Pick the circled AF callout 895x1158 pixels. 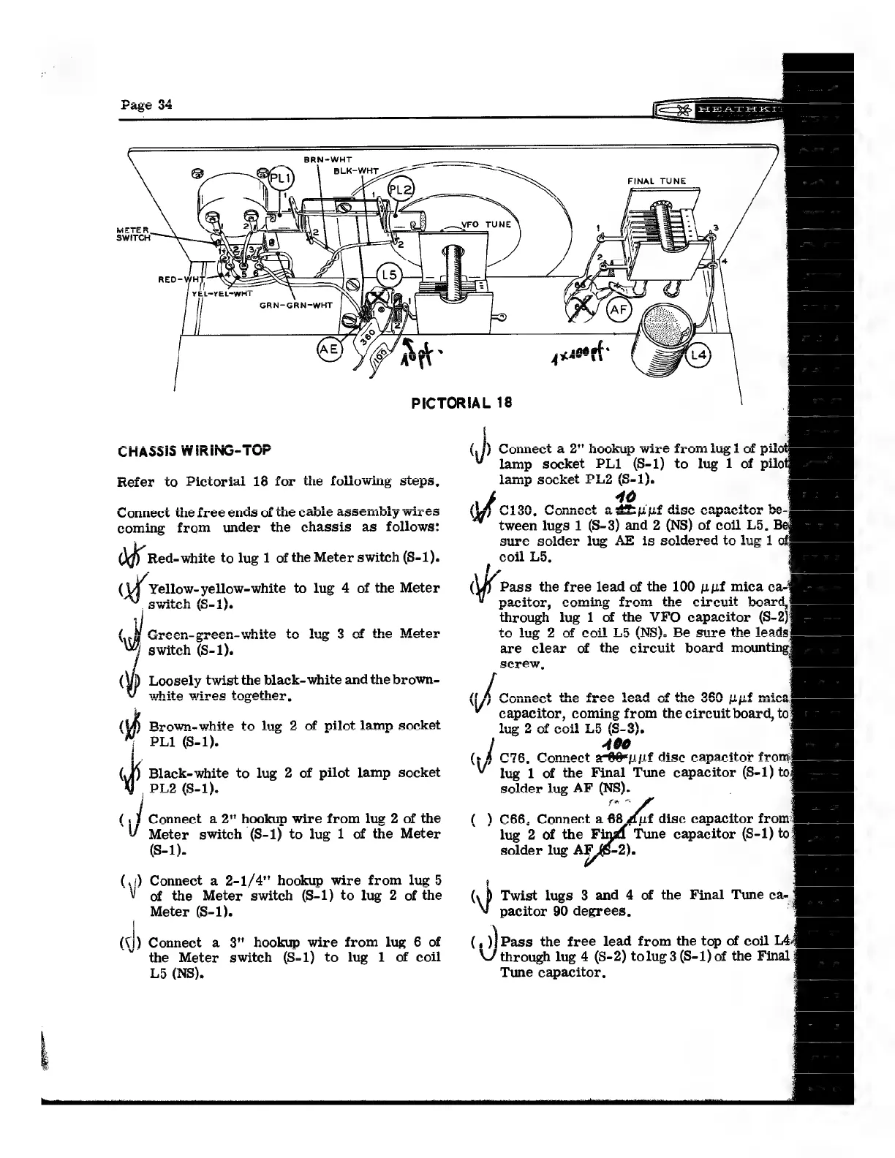pyautogui.click(x=619, y=310)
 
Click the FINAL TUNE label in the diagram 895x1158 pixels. pyautogui.click(x=657, y=181)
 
